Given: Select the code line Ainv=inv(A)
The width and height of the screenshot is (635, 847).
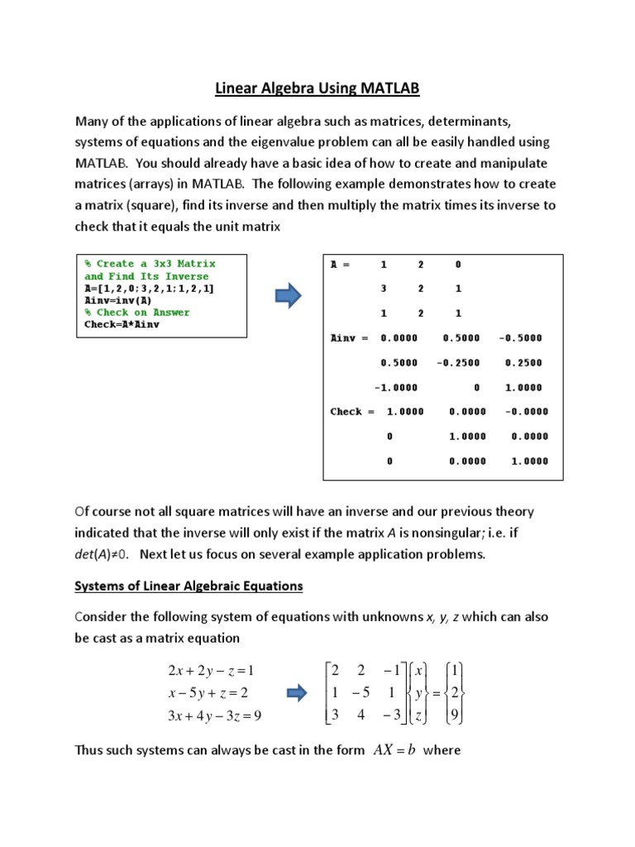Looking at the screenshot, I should pyautogui.click(x=118, y=300).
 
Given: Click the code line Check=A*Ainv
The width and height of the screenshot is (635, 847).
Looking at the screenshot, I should pyautogui.click(x=122, y=324).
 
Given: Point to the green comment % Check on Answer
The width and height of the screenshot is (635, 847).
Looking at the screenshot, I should pyautogui.click(x=137, y=313).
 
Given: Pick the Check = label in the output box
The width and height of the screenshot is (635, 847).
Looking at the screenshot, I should pyautogui.click(x=352, y=411).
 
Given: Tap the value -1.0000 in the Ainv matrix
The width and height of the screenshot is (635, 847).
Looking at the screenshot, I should pyautogui.click(x=396, y=387).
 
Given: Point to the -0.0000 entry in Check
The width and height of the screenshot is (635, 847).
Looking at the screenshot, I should pyautogui.click(x=521, y=411).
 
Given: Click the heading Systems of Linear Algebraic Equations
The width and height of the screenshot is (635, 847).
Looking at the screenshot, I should pyautogui.click(x=189, y=586).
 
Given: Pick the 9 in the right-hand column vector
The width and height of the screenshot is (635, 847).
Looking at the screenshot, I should pyautogui.click(x=453, y=715).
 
